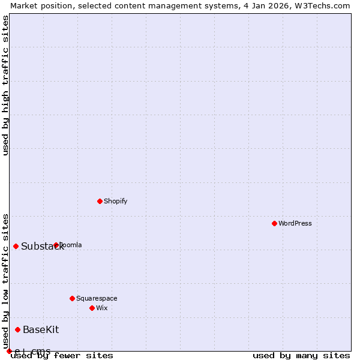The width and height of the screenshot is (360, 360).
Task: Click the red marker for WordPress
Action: [x=274, y=223]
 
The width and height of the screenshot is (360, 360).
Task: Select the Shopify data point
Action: [x=100, y=201]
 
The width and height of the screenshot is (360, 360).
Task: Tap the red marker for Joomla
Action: [x=56, y=245]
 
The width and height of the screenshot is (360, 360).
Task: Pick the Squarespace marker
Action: [x=72, y=298]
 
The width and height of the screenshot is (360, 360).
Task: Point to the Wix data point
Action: [x=92, y=308]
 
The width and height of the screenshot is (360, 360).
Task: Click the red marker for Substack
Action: [x=16, y=246]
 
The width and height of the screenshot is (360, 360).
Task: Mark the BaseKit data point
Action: [x=17, y=329]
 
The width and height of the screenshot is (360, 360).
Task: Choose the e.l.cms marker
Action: [x=9, y=351]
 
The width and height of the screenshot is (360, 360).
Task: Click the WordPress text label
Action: [x=295, y=223]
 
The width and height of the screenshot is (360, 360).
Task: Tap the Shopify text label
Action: [x=116, y=201]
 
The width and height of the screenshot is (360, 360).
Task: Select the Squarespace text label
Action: [x=97, y=298]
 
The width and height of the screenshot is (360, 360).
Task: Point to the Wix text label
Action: [x=102, y=308]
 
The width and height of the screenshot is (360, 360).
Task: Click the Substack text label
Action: [x=42, y=247]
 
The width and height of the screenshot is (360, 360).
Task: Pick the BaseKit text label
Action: [x=41, y=329]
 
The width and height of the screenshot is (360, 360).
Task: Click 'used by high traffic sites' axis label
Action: [x=6, y=86]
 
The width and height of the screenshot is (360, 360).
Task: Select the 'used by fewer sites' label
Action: [x=62, y=355]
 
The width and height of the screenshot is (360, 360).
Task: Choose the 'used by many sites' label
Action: [x=301, y=355]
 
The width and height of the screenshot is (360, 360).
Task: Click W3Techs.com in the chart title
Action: [x=324, y=5]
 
